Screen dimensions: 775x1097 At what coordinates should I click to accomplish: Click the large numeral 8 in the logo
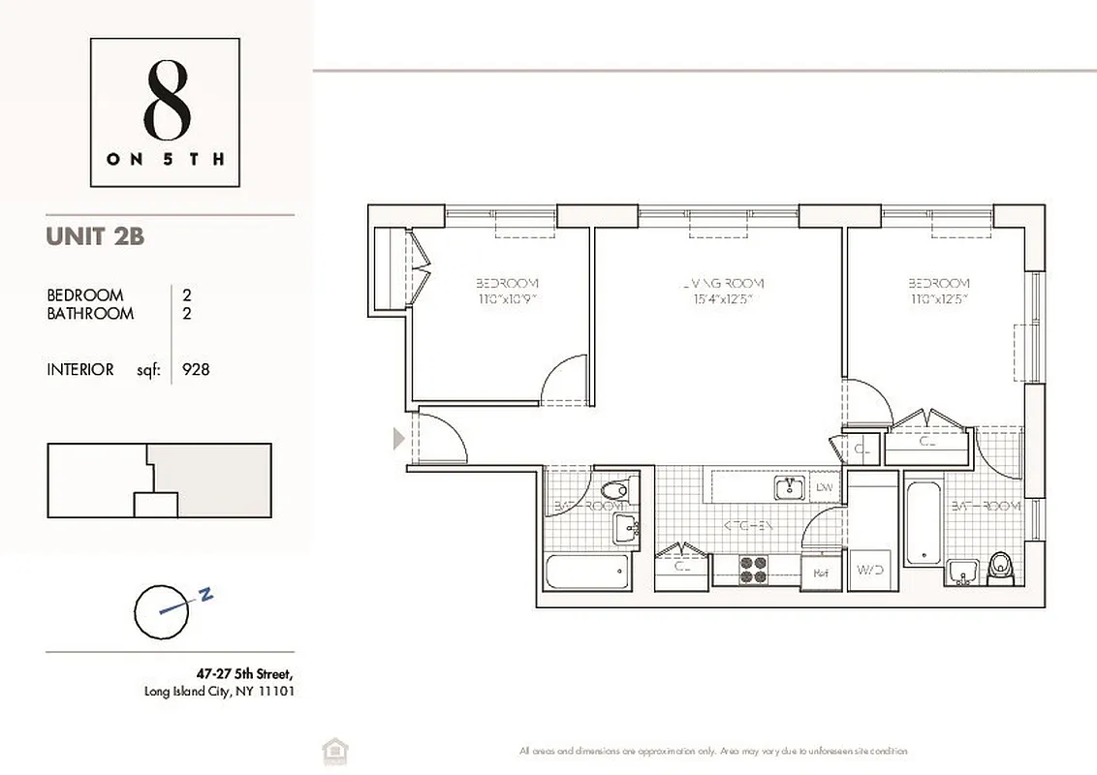click(x=166, y=101)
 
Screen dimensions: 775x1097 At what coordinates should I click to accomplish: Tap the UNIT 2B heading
click(x=95, y=235)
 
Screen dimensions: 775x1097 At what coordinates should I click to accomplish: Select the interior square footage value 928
click(x=196, y=369)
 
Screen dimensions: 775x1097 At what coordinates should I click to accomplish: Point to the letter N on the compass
click(x=205, y=597)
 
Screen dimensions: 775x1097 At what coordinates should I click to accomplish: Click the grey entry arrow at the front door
click(x=397, y=440)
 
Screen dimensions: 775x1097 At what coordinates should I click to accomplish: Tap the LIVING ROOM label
click(x=722, y=283)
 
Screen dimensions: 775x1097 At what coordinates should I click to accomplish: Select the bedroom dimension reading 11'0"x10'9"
click(x=507, y=299)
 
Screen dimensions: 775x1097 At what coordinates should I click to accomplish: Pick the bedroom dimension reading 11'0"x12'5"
click(x=939, y=299)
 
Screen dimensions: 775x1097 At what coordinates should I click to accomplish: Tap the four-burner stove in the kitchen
click(x=754, y=570)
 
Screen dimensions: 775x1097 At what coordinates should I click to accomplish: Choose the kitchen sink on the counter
click(x=789, y=487)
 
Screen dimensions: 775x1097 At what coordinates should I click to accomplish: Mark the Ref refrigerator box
click(x=820, y=573)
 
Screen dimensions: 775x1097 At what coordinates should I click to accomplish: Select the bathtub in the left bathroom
click(x=588, y=572)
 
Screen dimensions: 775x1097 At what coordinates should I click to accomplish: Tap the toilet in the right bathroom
click(x=998, y=570)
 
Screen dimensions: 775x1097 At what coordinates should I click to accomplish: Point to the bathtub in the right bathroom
click(x=923, y=523)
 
